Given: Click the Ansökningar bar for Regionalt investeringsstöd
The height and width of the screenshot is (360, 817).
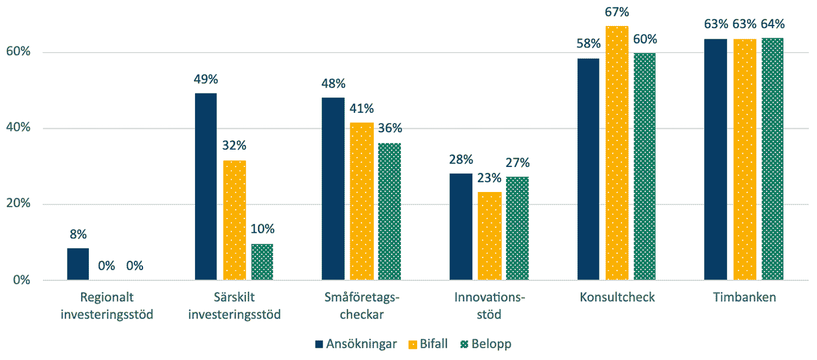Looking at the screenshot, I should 78,264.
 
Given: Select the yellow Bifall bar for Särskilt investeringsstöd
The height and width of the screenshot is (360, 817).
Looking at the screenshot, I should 234,220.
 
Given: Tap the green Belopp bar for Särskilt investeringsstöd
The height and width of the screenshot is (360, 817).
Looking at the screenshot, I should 262,262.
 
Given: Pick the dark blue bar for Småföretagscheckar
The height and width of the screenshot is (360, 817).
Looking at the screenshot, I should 333,188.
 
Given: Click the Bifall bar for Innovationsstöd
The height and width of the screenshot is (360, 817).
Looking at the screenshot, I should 489,236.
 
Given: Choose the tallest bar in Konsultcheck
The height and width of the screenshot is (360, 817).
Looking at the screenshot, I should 617,153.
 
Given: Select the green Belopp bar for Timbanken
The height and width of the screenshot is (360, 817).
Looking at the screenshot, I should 772,159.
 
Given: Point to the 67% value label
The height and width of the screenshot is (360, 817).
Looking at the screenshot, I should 617,12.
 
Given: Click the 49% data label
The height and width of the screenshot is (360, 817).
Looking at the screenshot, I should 206,79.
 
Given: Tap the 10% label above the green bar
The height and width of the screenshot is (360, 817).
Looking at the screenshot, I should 262,229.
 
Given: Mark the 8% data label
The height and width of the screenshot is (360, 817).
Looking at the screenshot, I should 78,234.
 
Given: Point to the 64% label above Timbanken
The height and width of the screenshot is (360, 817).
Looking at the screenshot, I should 773,24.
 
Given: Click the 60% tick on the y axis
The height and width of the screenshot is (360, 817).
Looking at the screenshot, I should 18,52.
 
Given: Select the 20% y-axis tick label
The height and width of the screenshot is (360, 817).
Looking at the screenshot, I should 18,203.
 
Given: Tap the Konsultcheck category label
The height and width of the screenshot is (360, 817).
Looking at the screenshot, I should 617,297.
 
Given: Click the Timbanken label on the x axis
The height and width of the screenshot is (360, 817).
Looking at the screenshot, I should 744,297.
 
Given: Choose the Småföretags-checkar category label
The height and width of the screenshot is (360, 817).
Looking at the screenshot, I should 362,305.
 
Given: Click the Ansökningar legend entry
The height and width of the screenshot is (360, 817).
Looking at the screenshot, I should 356,344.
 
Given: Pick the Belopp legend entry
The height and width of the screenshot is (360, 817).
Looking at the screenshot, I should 486,344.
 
